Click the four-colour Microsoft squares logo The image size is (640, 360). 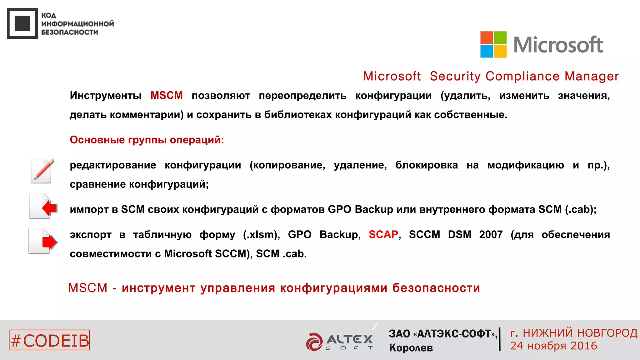pos(493,44)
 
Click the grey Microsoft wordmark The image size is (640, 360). pos(558,45)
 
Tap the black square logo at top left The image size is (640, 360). pos(22,24)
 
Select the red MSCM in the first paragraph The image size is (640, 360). pos(166,95)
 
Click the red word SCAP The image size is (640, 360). pos(383,234)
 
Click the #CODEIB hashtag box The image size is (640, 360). pos(49,340)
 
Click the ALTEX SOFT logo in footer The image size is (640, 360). pos(340,341)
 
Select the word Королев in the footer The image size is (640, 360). pos(411,348)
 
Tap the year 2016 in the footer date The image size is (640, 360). pos(584,346)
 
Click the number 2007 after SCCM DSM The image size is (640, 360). pos(491,234)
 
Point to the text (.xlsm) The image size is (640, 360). pos(261,234)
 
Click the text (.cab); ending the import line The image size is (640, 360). pos(581,209)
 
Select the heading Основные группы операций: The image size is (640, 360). pos(147,140)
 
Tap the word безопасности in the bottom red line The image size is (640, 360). pos(436,288)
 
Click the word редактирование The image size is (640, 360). pos(113,165)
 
